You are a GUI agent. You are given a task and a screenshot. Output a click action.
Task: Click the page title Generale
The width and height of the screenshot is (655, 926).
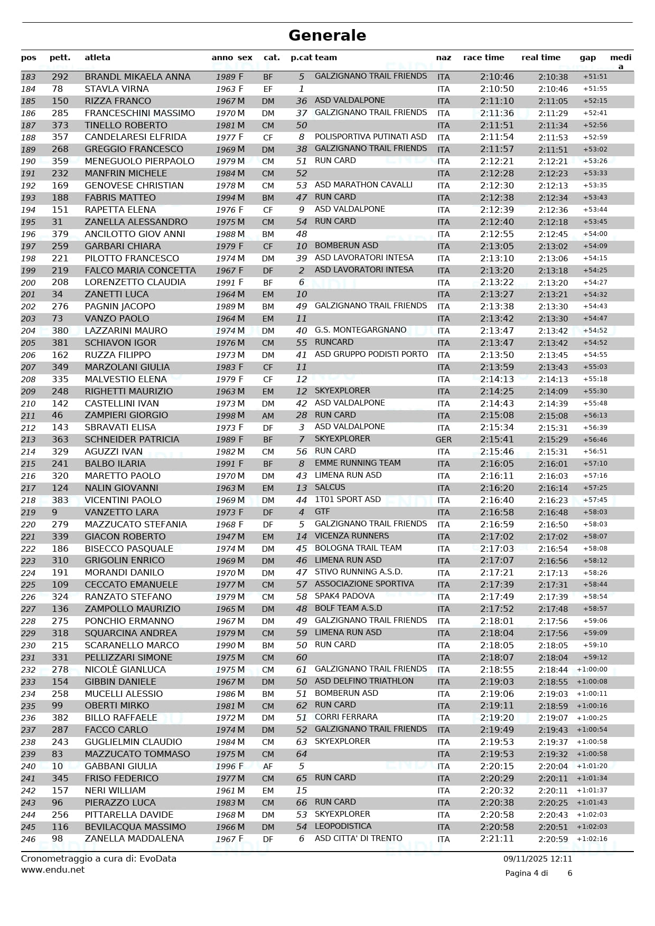coord(327,35)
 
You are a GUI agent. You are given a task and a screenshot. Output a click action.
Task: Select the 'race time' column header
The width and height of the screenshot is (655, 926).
coord(483,58)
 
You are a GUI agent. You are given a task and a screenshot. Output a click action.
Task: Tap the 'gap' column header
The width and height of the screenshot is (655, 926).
coord(587,58)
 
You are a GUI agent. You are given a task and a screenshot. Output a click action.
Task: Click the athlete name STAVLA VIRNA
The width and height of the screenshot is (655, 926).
coord(117,89)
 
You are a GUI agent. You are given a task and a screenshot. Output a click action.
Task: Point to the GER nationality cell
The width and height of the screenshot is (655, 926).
coord(443,440)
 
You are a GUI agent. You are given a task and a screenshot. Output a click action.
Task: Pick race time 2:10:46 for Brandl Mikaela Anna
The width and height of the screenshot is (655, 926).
coord(497,77)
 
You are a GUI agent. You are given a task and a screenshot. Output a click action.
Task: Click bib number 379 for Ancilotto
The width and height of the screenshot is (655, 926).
coord(60,234)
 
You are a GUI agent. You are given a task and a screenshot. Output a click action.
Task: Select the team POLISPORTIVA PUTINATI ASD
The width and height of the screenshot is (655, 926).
coord(370,137)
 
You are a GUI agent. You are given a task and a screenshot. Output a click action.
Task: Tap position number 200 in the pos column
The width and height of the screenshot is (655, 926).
coord(29,283)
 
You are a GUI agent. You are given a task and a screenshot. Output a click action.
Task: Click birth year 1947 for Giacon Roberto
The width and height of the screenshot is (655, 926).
coord(226,537)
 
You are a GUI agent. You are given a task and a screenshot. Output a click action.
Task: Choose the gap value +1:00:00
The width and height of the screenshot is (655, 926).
coord(592,669)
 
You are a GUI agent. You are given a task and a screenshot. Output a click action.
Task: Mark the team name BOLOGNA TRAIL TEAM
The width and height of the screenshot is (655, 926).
coord(358,548)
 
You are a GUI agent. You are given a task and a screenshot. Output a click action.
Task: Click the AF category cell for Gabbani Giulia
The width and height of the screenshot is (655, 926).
coord(268,767)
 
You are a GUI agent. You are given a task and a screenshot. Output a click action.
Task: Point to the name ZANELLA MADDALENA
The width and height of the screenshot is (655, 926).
coord(134,839)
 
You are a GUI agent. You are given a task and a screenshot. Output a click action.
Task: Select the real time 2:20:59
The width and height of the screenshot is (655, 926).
coord(553,839)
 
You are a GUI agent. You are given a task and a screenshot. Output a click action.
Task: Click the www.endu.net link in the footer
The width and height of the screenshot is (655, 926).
coord(53,870)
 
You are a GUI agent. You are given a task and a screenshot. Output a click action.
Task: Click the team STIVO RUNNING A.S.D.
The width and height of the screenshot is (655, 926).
coord(359,572)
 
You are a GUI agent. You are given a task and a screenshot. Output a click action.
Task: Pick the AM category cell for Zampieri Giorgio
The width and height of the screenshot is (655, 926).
coord(268,416)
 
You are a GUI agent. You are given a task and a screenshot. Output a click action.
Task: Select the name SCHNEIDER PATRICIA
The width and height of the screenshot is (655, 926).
coord(132,439)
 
